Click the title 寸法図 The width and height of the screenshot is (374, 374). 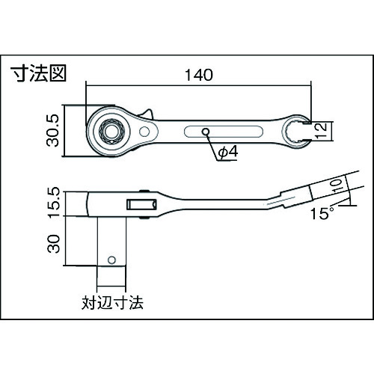pos(38,73)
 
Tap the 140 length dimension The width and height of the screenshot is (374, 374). pos(199,75)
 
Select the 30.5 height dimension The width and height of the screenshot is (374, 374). pos(52,130)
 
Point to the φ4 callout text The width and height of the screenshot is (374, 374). pos(228,152)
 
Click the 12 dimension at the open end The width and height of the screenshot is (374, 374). pos(321,131)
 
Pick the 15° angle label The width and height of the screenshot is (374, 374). pos(322,213)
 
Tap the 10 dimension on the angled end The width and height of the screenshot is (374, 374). pos(337,186)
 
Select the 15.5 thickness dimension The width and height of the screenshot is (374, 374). pos(54,203)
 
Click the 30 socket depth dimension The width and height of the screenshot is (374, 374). pos(54,244)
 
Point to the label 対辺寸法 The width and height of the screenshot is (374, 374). pos(112,303)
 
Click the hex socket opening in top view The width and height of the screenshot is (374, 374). pos(111,131)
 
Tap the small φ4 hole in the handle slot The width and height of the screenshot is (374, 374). pos(206,132)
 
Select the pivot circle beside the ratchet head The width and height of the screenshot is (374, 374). pos(144,132)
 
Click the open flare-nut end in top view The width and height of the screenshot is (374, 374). pos(296,132)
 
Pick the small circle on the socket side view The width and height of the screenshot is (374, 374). pos(111,260)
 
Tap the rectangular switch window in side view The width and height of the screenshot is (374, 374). pos(141,204)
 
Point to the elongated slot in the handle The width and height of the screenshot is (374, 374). pos(224,132)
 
